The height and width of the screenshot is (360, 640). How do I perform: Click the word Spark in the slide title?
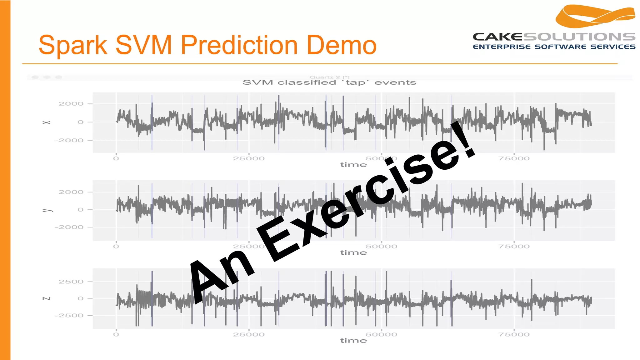[72, 45]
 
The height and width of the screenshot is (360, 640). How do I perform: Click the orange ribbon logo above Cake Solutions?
[595, 16]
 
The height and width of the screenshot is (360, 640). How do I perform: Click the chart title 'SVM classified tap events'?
[329, 82]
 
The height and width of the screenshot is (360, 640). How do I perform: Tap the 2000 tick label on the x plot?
[71, 104]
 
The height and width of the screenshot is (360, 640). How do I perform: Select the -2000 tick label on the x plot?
[69, 140]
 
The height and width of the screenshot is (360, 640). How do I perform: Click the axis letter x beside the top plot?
[46, 122]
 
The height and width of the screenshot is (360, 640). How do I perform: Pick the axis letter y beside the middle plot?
[46, 210]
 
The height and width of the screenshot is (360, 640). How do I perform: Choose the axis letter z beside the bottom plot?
[46, 298]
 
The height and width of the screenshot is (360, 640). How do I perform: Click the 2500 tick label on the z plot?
[71, 282]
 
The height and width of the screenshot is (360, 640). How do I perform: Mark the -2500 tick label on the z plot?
[69, 315]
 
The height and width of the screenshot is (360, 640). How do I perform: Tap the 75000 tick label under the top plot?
[514, 158]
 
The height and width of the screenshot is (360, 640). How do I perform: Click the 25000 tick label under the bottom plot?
[249, 334]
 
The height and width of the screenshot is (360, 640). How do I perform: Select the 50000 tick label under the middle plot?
[381, 246]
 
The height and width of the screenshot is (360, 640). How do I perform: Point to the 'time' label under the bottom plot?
[353, 340]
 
